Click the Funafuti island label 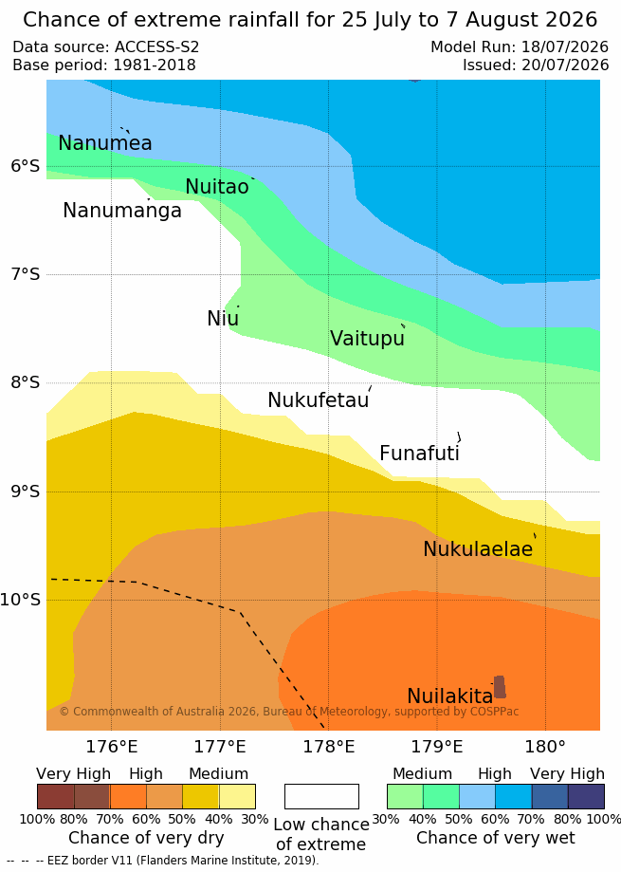click(x=419, y=454)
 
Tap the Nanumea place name click(x=105, y=143)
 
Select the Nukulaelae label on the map click(x=478, y=548)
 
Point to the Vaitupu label click(x=367, y=338)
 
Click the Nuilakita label click(x=450, y=696)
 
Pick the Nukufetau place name click(x=319, y=399)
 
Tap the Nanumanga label click(x=122, y=211)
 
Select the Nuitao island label click(x=217, y=187)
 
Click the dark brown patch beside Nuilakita click(x=500, y=687)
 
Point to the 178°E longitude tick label click(x=328, y=747)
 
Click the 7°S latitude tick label click(x=26, y=274)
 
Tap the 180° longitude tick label click(x=545, y=747)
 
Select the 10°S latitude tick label click(x=21, y=600)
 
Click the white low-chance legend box click(x=321, y=796)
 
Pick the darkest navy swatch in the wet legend click(x=586, y=796)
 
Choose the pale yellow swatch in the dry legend click(x=237, y=796)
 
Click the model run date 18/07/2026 click(x=565, y=46)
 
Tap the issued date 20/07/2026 click(x=565, y=65)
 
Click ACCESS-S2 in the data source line click(x=156, y=46)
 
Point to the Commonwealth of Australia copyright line click(x=289, y=712)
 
